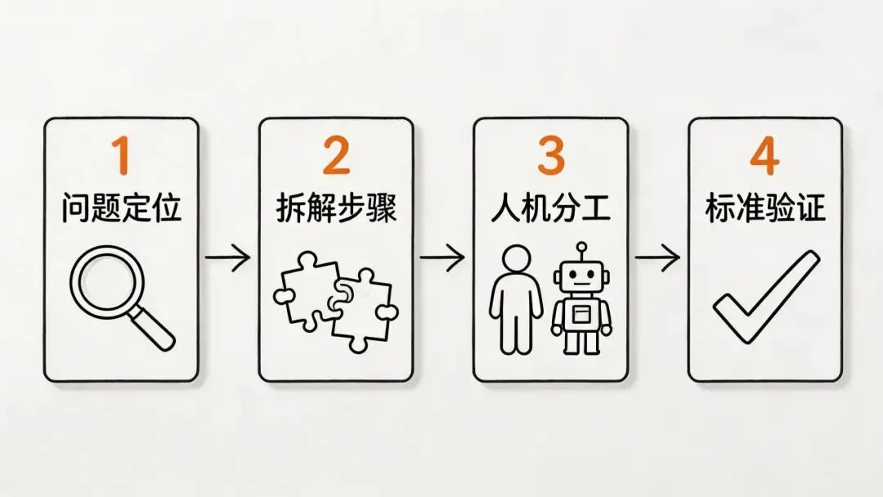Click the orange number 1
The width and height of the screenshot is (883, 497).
click(x=121, y=156)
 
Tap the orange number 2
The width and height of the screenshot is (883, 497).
click(x=336, y=156)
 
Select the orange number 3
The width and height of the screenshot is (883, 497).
click(x=550, y=156)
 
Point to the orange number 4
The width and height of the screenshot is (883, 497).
click(x=764, y=156)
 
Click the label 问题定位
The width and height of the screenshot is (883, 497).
click(x=121, y=209)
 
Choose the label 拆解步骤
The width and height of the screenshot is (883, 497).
click(x=336, y=209)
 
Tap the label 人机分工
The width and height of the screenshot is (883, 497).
click(x=550, y=209)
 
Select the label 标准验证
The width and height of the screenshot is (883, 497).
click(x=765, y=209)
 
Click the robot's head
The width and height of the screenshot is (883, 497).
click(x=581, y=278)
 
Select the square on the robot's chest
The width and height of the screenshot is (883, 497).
click(x=581, y=312)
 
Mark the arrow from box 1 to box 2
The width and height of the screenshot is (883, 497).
click(x=228, y=259)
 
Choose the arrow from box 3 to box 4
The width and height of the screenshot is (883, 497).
click(x=657, y=259)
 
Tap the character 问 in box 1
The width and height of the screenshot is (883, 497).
click(x=75, y=209)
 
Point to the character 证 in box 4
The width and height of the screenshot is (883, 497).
click(x=811, y=209)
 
